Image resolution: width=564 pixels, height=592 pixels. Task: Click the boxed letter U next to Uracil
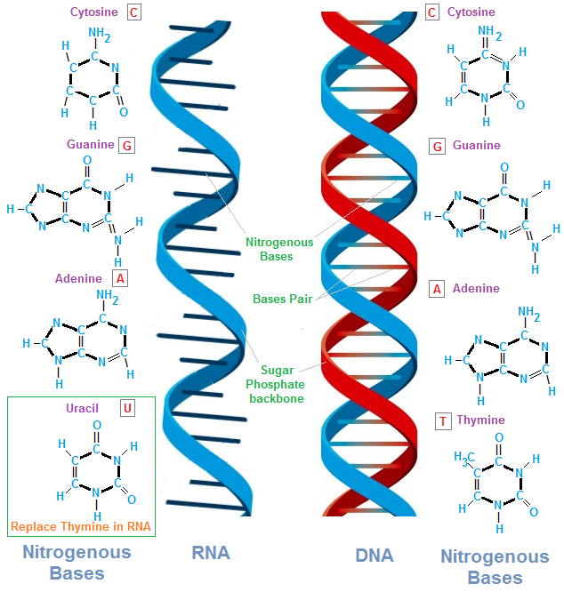click(x=128, y=408)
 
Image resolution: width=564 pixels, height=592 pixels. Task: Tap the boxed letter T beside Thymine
click(x=442, y=420)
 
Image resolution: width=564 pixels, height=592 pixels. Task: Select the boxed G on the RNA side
click(x=127, y=145)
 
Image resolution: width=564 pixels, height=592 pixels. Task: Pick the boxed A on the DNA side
click(x=436, y=289)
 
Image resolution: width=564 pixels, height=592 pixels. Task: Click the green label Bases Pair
click(x=282, y=300)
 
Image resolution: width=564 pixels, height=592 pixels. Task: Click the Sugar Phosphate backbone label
click(x=282, y=384)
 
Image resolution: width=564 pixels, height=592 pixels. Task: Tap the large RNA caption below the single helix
click(x=211, y=553)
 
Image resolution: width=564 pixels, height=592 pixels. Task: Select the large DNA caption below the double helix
click(x=375, y=555)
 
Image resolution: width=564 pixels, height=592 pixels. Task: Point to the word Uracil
click(x=82, y=408)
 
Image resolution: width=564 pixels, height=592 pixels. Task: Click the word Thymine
click(x=480, y=420)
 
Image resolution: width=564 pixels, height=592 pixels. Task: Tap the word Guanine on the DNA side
click(x=477, y=145)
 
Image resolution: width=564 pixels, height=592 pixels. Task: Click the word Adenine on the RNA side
click(x=78, y=278)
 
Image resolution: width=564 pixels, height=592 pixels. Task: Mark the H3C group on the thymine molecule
click(x=461, y=458)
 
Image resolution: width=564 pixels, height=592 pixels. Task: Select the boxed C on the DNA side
click(x=431, y=12)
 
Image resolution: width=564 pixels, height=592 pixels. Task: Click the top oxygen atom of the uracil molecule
click(x=96, y=426)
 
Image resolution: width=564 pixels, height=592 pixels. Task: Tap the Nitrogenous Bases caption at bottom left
click(x=77, y=562)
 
